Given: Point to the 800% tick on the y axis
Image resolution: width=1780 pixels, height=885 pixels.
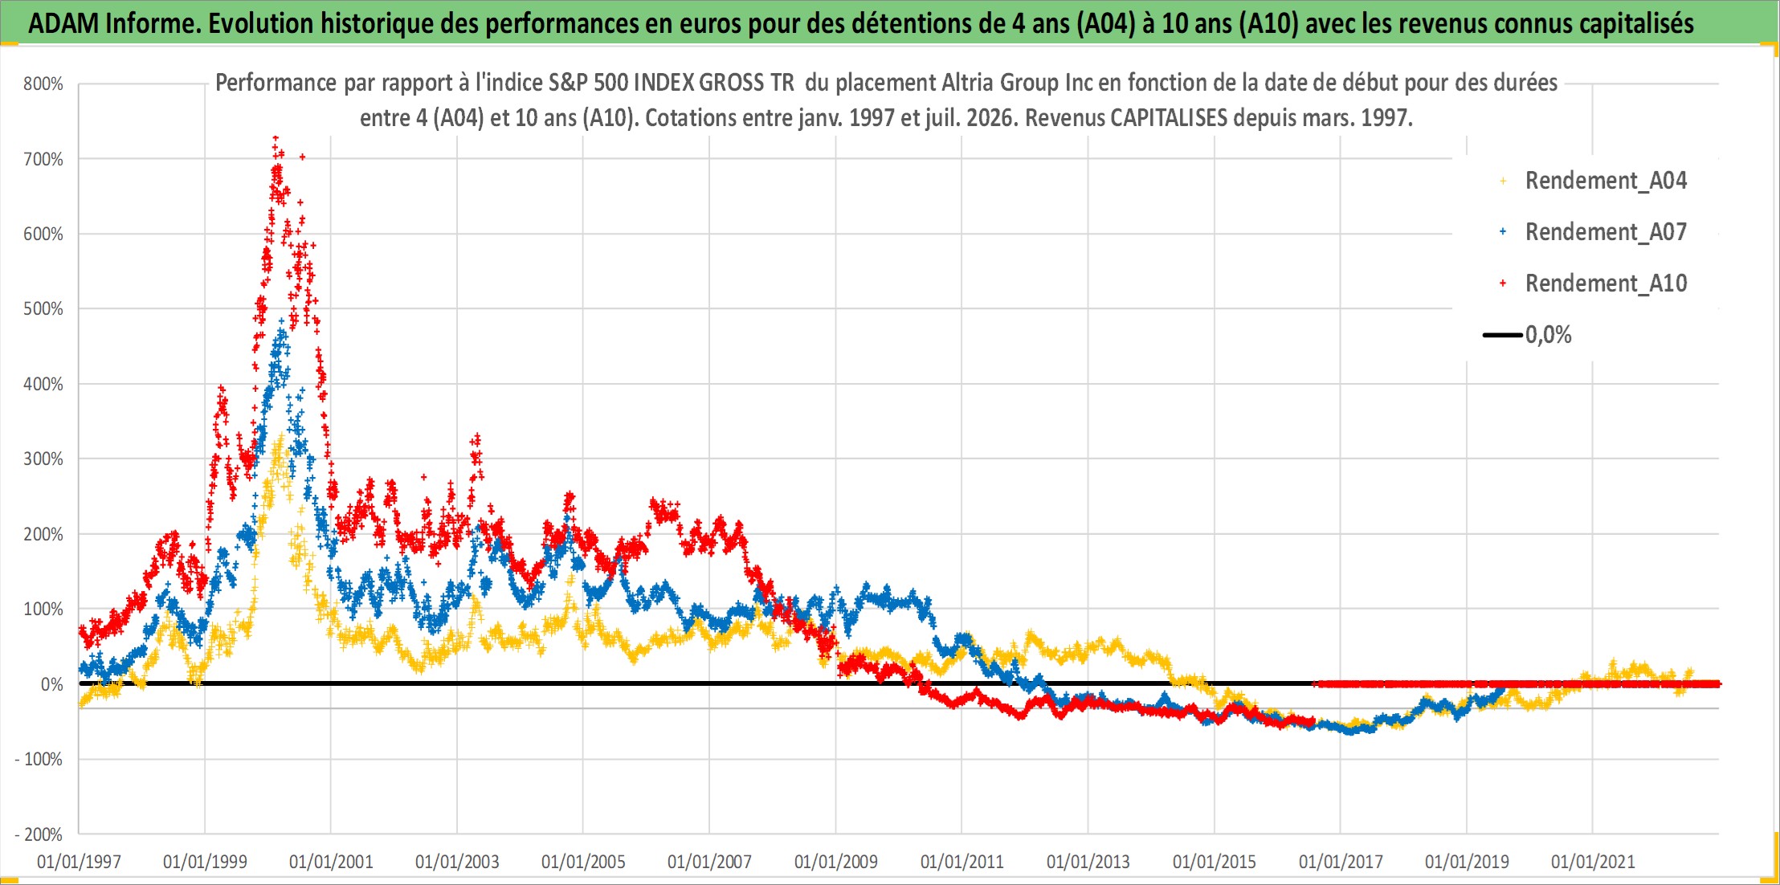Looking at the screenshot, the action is click(43, 84).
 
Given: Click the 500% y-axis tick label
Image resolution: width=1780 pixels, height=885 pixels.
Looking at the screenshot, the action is click(43, 308).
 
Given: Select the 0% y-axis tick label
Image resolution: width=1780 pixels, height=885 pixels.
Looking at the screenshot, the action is click(51, 684).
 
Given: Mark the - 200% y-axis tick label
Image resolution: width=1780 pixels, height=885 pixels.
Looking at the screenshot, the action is click(38, 834).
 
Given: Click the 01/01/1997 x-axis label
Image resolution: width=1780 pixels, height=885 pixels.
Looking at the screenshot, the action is click(79, 862).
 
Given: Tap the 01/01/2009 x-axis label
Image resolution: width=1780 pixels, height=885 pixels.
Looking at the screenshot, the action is click(835, 862).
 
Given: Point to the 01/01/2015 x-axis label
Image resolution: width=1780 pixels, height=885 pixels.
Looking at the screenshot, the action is click(1215, 862).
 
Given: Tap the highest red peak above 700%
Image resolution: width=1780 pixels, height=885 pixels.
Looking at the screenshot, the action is click(276, 139).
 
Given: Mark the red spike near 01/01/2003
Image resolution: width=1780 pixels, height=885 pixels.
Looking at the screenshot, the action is click(477, 438).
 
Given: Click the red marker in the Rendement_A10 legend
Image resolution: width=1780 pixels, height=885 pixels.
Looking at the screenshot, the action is click(1503, 283).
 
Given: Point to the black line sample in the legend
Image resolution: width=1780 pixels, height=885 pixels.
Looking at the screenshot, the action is click(1502, 335).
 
